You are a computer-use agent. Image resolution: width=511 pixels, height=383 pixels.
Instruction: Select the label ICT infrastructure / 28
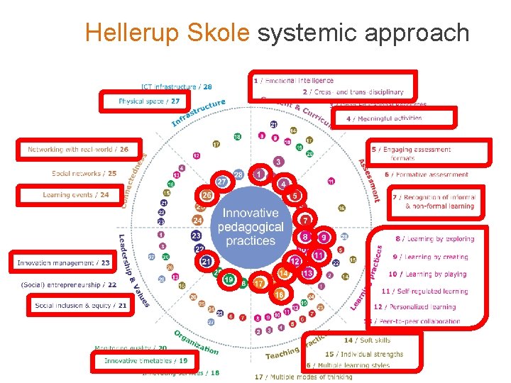point(176,87)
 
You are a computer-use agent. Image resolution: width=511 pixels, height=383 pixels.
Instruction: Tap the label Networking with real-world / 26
point(78,150)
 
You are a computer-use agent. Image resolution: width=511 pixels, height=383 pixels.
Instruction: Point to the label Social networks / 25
point(84,173)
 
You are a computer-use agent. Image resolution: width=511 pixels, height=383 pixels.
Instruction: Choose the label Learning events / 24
point(76,194)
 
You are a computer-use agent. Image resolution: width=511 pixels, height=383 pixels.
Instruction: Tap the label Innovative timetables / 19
point(145,361)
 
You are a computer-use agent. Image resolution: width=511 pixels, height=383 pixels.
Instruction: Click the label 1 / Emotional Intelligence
point(293,81)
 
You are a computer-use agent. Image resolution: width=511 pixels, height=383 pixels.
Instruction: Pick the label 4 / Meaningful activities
point(383,118)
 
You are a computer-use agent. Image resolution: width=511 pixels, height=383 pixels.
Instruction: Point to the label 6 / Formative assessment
point(427,174)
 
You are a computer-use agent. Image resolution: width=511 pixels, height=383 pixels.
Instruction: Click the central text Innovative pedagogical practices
point(250,227)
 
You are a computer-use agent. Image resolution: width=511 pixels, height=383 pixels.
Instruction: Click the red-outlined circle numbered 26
point(207,194)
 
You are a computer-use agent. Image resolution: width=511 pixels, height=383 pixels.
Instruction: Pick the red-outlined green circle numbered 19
point(228,280)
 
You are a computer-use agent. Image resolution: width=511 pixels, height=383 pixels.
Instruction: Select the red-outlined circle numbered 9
point(324,237)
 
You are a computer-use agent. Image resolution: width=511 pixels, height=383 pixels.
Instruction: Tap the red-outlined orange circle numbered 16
point(280,294)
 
